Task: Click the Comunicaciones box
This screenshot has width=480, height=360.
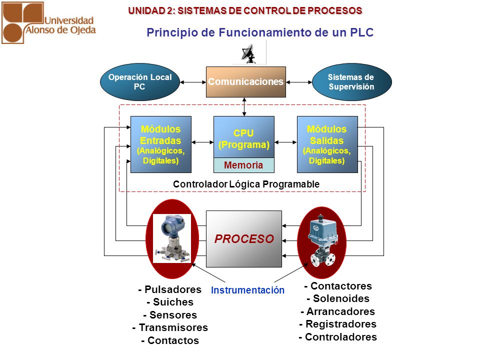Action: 246,82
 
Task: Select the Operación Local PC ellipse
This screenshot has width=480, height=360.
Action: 140,82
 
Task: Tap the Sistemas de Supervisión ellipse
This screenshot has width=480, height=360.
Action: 351,82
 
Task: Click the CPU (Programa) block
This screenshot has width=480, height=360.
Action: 244,137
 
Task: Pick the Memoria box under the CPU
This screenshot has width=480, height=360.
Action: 244,165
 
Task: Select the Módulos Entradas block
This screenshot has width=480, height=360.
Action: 161,144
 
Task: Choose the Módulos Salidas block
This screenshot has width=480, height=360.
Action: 327,144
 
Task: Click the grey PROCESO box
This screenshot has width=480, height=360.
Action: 244,239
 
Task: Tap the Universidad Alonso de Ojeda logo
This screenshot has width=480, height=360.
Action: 48,22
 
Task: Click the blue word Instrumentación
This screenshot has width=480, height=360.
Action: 247,290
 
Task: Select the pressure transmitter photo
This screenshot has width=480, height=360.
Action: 171,238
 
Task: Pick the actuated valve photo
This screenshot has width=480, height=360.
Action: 322,240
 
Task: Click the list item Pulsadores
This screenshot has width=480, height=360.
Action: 170,289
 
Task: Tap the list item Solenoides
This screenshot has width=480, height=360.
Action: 338,298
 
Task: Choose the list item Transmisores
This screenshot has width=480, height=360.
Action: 170,327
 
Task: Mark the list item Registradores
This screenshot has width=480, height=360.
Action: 338,324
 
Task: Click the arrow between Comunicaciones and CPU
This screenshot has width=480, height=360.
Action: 244,107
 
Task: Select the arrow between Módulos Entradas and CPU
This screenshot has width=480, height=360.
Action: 202,142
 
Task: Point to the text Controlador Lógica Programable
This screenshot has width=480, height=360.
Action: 246,184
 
